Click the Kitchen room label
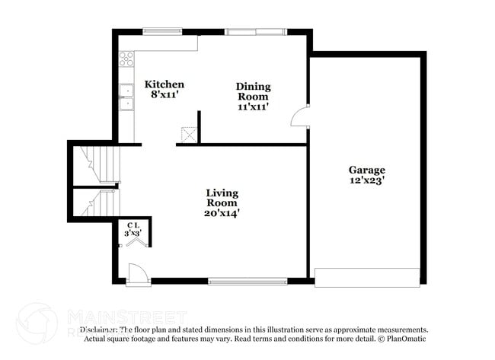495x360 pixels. point(164,84)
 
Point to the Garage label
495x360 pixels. point(367,170)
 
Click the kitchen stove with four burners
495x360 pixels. point(126,58)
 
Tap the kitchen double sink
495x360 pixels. point(126,97)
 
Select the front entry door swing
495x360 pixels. point(136,273)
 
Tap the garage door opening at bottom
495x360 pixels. point(367,277)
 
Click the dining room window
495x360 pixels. point(255,32)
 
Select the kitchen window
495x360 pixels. point(162,32)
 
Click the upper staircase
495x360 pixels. point(98,164)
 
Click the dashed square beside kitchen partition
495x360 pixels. point(189,134)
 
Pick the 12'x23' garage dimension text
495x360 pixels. point(367,181)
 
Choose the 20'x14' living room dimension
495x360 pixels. point(222,213)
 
